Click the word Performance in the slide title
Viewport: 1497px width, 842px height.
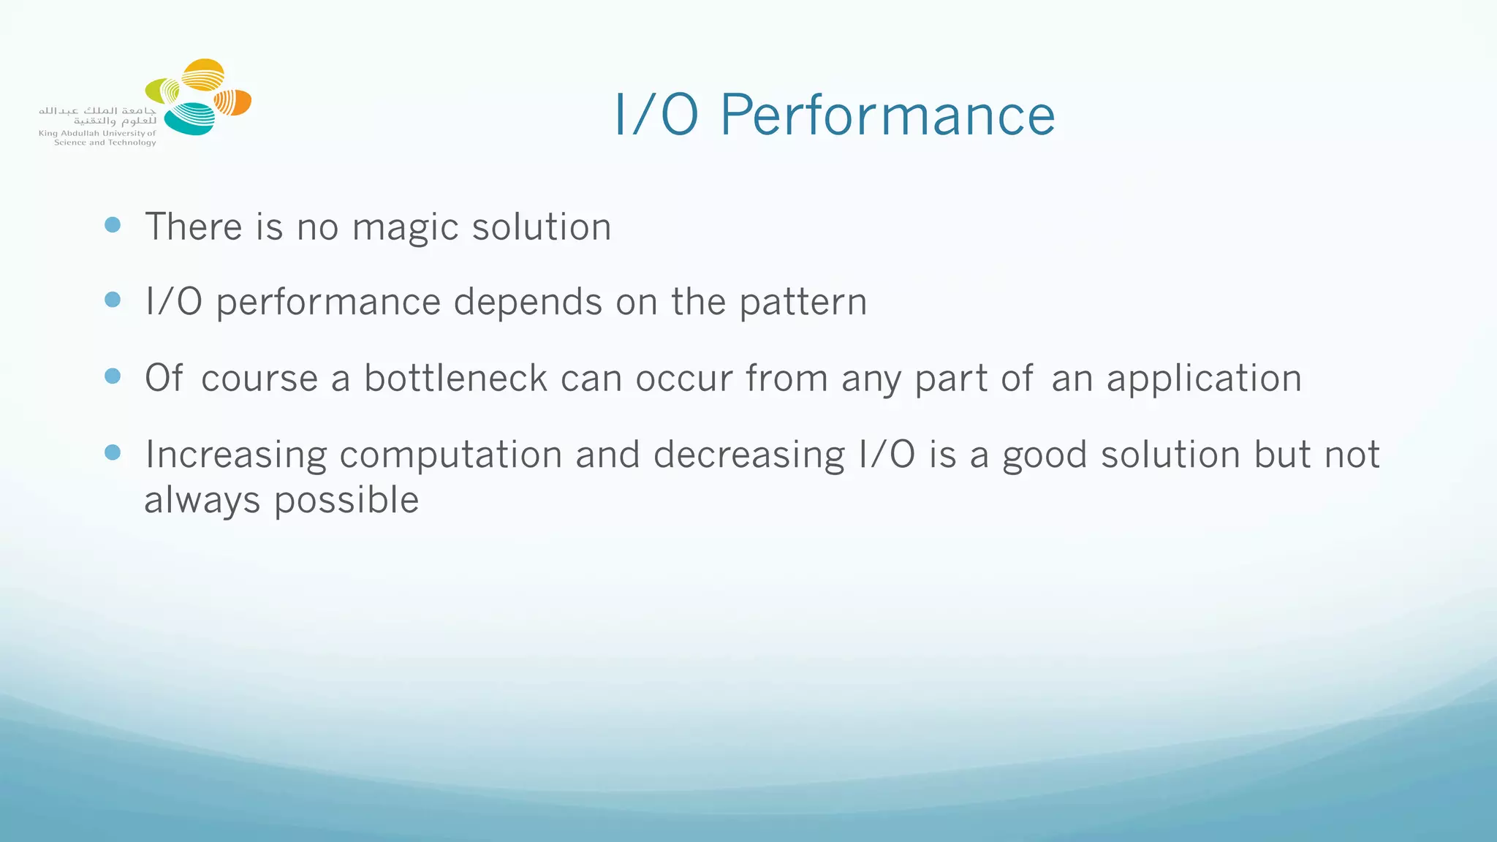point(887,115)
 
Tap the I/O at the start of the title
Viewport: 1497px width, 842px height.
point(656,115)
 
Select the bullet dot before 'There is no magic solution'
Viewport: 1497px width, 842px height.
point(113,224)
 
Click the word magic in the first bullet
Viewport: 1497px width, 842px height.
point(405,227)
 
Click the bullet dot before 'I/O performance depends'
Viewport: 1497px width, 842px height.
point(113,300)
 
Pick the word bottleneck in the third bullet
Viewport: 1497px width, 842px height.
point(455,379)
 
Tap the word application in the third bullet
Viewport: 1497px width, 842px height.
point(1204,379)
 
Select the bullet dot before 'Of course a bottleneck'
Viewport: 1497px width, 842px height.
point(113,376)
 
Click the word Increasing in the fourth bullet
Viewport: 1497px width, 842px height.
point(235,455)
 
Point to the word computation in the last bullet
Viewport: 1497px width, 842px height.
point(450,455)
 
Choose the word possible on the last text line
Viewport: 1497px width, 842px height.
point(346,501)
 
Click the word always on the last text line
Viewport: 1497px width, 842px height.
point(202,501)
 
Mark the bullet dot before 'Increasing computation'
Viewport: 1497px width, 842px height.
point(113,452)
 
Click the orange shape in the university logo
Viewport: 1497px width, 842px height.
point(233,102)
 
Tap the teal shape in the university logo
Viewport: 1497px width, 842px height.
point(189,119)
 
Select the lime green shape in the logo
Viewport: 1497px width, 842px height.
point(162,91)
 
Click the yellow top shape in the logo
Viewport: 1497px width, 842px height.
point(202,74)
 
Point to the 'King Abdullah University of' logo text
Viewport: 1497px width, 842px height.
point(97,134)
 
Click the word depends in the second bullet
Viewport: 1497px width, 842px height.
point(528,303)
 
